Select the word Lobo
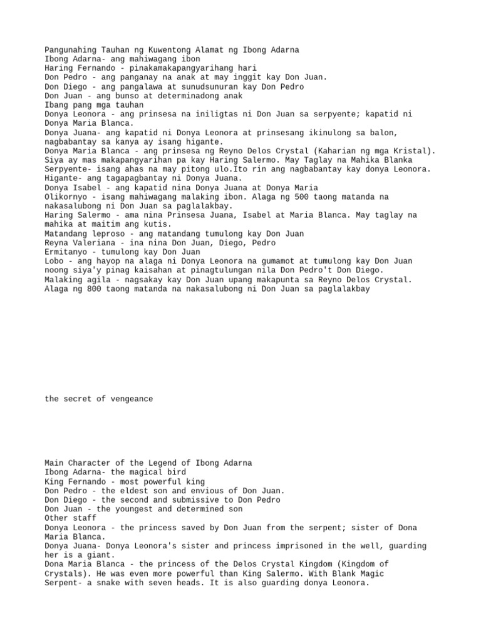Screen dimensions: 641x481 tap(54, 261)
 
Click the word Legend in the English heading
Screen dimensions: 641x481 tap(162, 463)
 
